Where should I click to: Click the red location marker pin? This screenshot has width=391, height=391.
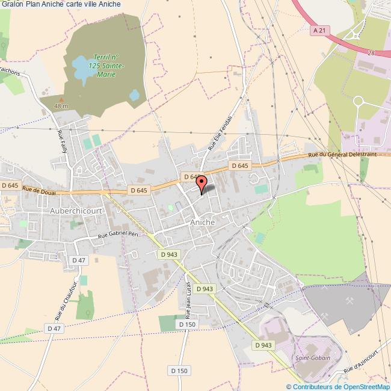click(x=202, y=183)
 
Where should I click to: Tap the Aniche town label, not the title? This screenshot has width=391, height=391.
click(x=202, y=222)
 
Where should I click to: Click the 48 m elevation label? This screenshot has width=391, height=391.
click(x=61, y=106)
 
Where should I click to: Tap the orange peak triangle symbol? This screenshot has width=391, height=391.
click(x=61, y=99)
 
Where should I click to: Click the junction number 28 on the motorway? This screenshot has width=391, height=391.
click(x=371, y=53)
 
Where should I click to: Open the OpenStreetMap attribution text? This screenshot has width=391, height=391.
click(x=338, y=386)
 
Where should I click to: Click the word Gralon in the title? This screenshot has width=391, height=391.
click(x=11, y=4)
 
